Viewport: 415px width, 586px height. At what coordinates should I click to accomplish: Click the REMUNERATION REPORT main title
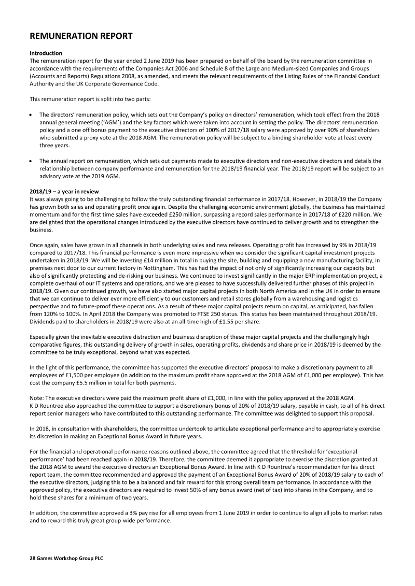click(x=81, y=36)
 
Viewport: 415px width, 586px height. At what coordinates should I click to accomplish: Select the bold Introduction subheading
click(x=46, y=53)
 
